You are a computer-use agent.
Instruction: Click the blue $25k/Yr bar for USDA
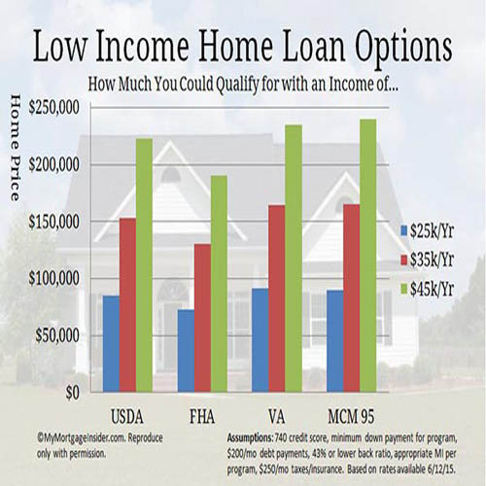111,344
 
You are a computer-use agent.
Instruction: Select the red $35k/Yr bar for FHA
202,318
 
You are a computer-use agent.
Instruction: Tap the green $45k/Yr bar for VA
294,259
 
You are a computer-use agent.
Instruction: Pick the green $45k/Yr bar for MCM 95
368,256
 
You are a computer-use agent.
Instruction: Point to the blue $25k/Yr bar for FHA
186,351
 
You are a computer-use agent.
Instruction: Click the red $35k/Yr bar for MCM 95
352,298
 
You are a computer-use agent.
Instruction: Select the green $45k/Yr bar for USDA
144,265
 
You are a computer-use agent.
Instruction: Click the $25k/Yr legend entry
428,231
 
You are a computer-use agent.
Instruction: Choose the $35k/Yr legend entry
428,260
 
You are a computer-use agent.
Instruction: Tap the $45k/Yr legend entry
428,289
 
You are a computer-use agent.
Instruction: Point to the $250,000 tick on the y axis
53,108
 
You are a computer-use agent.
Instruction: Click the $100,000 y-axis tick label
53,279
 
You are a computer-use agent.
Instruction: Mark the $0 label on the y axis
73,393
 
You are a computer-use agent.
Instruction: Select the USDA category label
127,417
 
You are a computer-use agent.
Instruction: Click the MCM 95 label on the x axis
351,417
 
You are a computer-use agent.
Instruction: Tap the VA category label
277,417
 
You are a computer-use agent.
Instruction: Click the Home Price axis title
16,148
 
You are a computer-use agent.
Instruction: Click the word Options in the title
403,47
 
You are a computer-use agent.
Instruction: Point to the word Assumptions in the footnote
250,438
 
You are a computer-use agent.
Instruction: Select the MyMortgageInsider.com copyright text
100,446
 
